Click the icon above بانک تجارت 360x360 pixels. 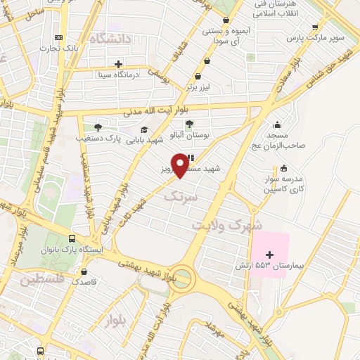tap(58, 37)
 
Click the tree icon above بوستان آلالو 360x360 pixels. tap(189, 124)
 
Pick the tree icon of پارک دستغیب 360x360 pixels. tap(98, 127)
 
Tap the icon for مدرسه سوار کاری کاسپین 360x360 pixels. tap(283, 168)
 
